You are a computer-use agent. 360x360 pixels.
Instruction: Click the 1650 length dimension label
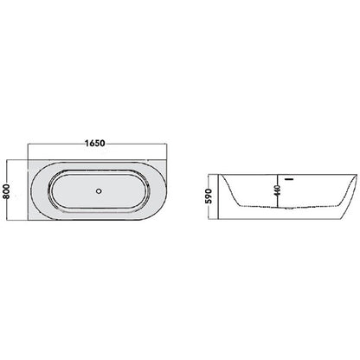[95, 143]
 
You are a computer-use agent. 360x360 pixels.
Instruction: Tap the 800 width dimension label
[6, 191]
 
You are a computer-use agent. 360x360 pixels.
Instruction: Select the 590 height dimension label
[209, 196]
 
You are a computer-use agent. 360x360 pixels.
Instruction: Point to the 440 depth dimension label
[278, 190]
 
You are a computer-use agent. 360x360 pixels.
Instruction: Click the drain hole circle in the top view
[99, 190]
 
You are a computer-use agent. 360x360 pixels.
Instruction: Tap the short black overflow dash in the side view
[289, 179]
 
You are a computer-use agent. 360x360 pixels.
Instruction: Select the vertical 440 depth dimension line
[278, 191]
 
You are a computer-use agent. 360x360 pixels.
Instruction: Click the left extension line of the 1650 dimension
[28, 151]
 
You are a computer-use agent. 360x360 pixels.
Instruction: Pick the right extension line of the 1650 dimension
[167, 151]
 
